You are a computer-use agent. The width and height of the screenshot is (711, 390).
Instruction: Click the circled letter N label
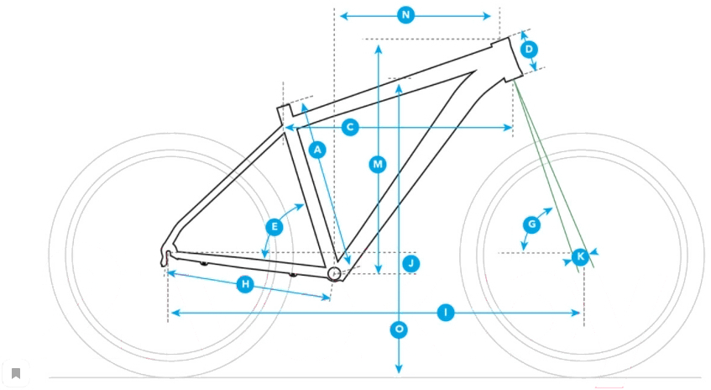405,15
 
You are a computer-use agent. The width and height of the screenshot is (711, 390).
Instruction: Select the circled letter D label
529,50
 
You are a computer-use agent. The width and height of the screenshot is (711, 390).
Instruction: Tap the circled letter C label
351,128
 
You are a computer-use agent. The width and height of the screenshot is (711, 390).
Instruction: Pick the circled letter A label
316,150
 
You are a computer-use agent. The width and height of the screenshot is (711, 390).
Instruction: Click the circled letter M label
378,165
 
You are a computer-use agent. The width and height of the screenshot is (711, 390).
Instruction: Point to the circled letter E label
274,227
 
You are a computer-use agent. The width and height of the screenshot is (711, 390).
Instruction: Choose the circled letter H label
245,285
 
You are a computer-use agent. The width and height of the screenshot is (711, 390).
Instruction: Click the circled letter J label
410,264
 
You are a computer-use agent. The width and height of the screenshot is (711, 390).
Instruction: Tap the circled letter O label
399,329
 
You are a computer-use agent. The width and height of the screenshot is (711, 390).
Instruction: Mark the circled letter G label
531,224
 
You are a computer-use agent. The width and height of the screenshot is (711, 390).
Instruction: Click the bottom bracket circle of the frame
334,273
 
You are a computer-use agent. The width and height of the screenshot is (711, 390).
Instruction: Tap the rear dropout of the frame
167,256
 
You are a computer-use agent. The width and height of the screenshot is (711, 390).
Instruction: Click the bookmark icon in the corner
16,373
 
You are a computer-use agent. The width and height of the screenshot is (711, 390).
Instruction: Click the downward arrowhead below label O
399,369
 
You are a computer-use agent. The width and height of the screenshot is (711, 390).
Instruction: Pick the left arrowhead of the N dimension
342,15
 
